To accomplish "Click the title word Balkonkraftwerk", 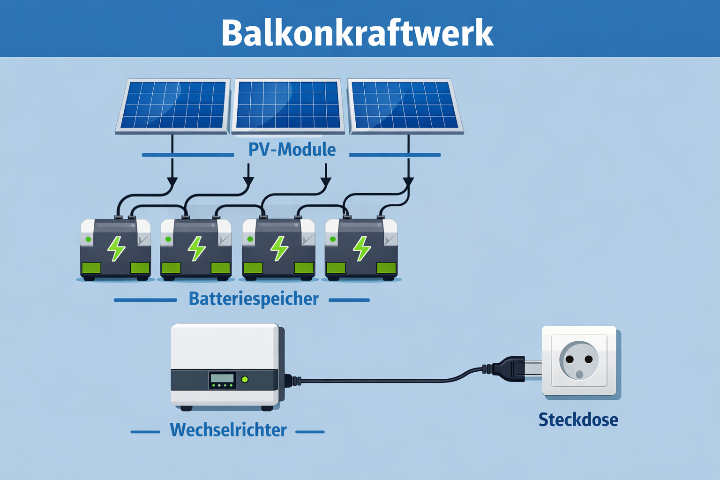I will pos(357,33).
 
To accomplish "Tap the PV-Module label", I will pos(292,150).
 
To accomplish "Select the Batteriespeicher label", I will pos(254,299).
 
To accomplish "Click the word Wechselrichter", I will pos(228,430).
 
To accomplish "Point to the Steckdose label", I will pos(578,420).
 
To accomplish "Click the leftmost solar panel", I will pos(173,105).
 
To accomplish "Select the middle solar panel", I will pos(288,105).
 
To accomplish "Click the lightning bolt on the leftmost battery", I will pos(116,248).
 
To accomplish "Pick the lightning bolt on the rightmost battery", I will pos(361,248).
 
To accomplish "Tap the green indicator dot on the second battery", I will pos(168,240).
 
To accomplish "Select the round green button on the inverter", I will pos(245,379).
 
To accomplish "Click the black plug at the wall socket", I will pos(509,369).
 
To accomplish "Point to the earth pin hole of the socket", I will pos(579,374).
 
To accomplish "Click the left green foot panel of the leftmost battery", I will pos(91,268).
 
